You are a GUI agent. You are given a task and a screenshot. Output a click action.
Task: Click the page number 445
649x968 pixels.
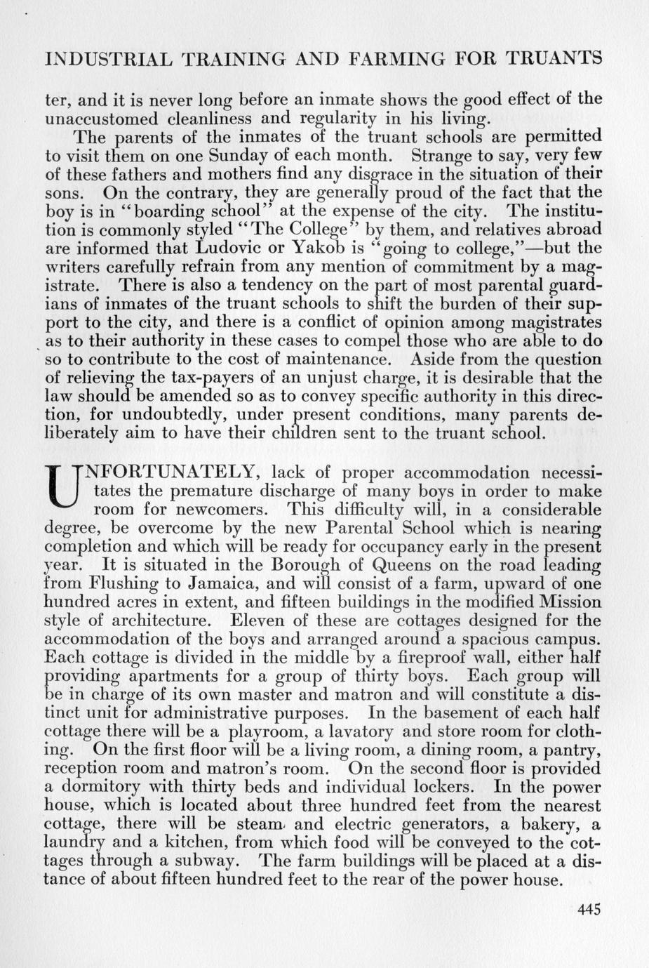(589, 910)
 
